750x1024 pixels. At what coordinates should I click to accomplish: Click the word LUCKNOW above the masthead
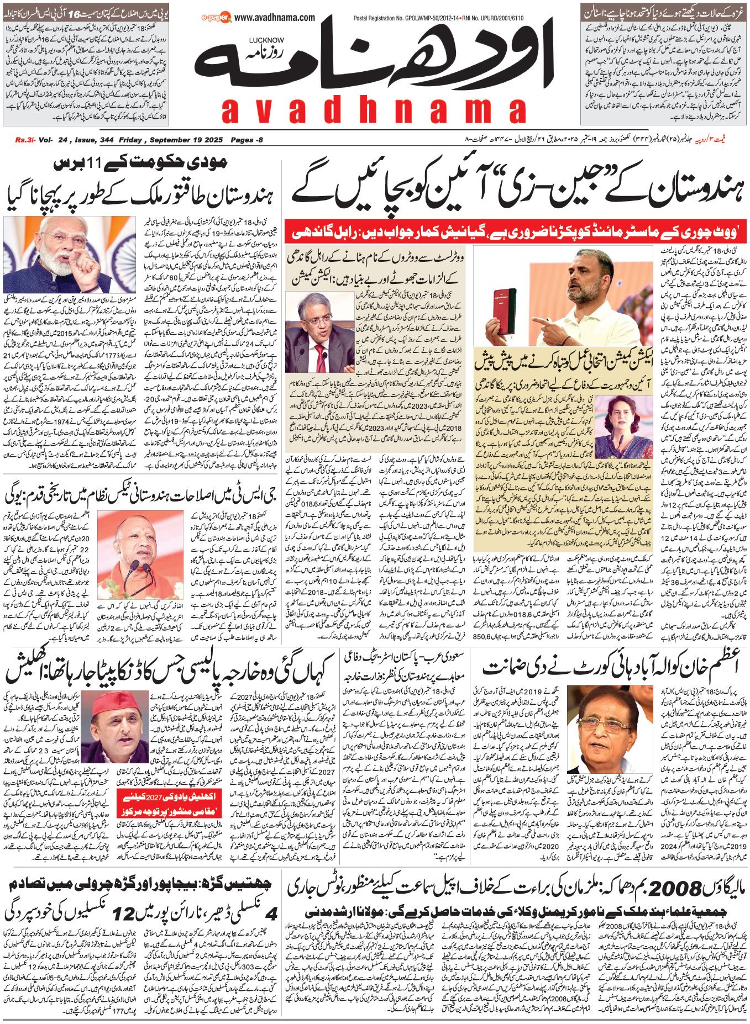pos(266,40)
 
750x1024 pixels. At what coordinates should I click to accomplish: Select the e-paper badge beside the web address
pos(217,19)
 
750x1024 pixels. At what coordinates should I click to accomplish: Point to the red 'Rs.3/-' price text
pos(25,140)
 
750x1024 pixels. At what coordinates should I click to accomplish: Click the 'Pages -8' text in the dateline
pos(246,140)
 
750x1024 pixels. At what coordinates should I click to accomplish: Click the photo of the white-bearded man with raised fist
pos(69,254)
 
